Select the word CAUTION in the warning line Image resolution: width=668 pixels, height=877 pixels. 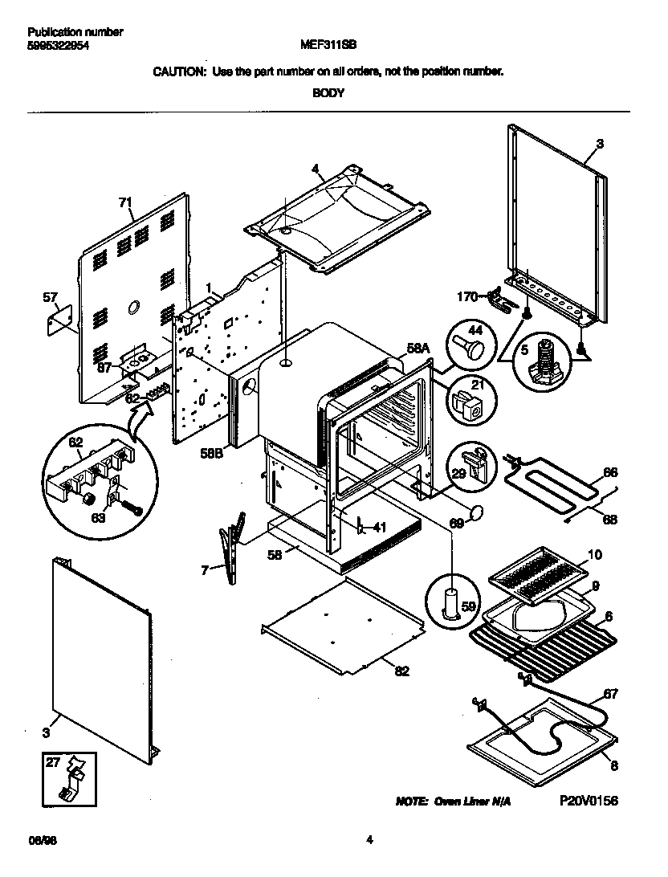pos(179,71)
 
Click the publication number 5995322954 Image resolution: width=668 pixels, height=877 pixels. pos(58,47)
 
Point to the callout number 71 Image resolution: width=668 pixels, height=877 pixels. pos(125,202)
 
